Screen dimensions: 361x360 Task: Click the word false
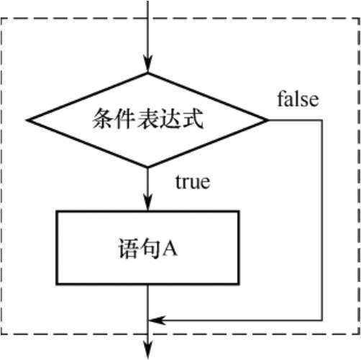coord(298,99)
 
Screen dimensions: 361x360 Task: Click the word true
coord(193,181)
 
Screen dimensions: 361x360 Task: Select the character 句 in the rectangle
coord(150,248)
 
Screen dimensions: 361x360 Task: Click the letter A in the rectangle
coord(170,249)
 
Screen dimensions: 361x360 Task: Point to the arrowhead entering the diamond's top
coord(148,63)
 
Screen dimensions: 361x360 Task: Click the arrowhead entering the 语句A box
coord(148,202)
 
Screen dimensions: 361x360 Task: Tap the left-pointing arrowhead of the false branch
coord(157,320)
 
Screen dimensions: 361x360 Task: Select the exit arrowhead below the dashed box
coord(148,351)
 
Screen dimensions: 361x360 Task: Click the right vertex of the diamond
coord(268,120)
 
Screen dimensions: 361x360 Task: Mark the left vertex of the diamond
coord(27,120)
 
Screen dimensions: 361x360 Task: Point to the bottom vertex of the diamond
coord(148,166)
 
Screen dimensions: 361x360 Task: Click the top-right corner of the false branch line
coord(321,120)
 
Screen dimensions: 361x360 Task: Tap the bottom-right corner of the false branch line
coord(321,320)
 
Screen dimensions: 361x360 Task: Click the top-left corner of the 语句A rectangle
coord(57,212)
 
